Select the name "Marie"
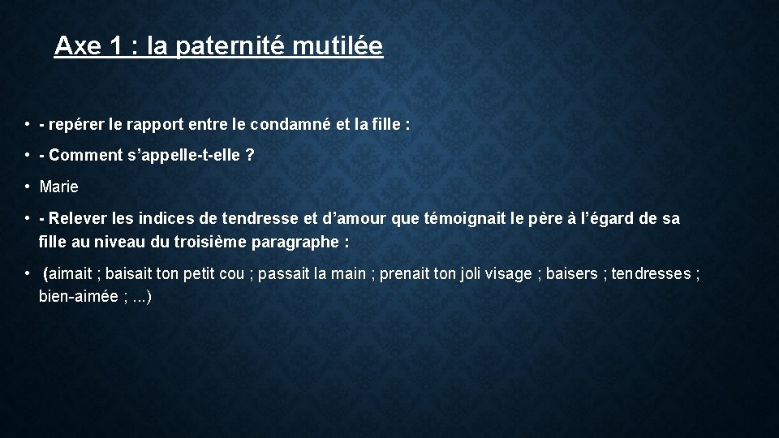coord(58,187)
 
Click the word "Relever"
coord(75,218)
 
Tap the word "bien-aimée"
coord(78,297)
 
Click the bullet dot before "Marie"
coord(28,187)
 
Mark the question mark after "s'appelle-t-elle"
coord(249,156)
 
